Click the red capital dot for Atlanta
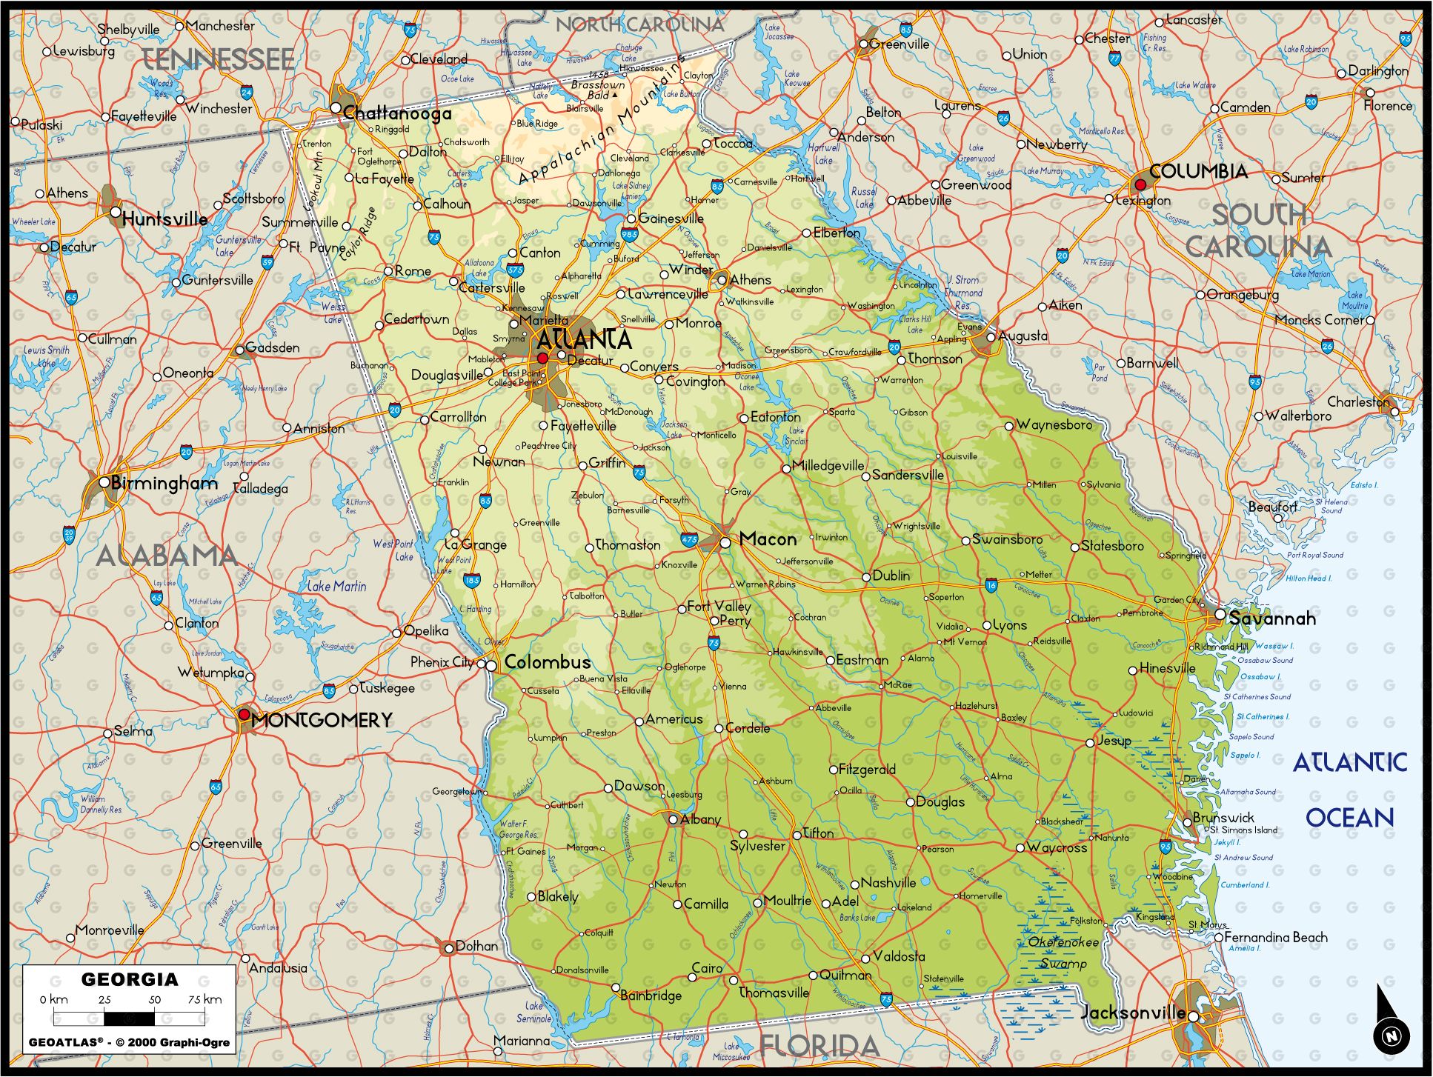click(542, 358)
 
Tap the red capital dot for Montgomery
click(243, 714)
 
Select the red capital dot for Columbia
click(1140, 184)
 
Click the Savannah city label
click(1271, 618)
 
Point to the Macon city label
click(768, 539)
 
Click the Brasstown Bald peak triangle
click(614, 96)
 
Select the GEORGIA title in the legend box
click(130, 979)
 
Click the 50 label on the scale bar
click(154, 999)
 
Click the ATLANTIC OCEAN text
click(1349, 790)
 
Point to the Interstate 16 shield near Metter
click(991, 586)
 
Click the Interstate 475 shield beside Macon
click(689, 540)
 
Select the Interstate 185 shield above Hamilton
click(472, 581)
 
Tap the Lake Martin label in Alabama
click(336, 586)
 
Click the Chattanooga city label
click(397, 113)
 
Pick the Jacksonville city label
click(1133, 1013)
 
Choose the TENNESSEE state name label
click(218, 59)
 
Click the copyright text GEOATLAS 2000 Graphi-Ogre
click(130, 1041)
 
